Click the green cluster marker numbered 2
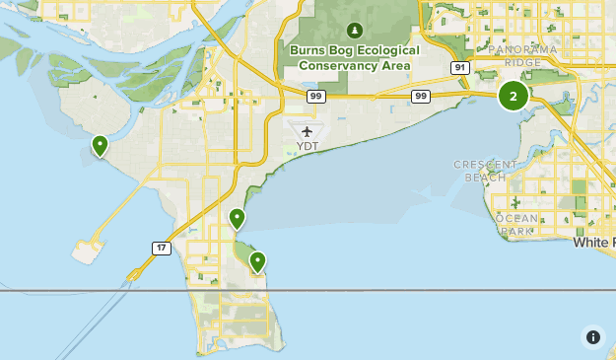tap(513, 96)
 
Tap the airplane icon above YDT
tap(308, 131)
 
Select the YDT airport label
tap(308, 147)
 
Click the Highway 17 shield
tap(161, 248)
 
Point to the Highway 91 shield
tap(459, 68)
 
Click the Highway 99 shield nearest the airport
tap(315, 96)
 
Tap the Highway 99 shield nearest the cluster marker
tap(421, 96)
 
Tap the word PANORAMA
tap(516, 49)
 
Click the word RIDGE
tap(523, 62)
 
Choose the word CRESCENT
tap(485, 165)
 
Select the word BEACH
tap(485, 178)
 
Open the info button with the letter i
tap(592, 336)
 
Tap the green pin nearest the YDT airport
tap(237, 218)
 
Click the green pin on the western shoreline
tap(100, 146)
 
